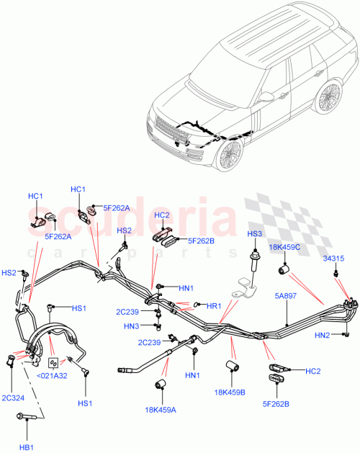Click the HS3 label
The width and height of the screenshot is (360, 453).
[x=254, y=235]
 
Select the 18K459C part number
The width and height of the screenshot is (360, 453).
[x=287, y=247]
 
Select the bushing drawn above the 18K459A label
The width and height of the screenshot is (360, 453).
[x=163, y=383]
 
